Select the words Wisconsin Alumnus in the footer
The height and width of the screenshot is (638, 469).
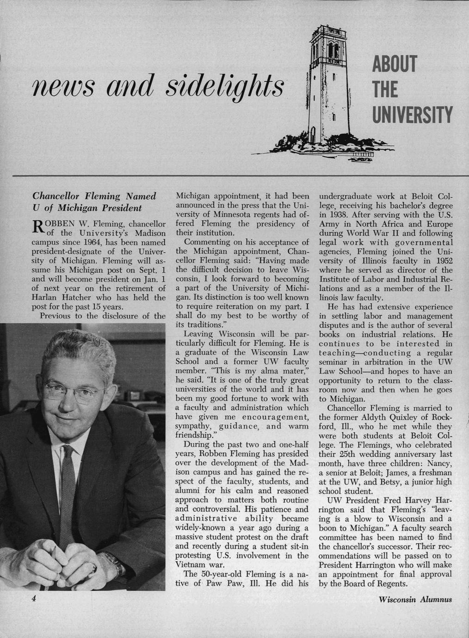pyautogui.click(x=414, y=600)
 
